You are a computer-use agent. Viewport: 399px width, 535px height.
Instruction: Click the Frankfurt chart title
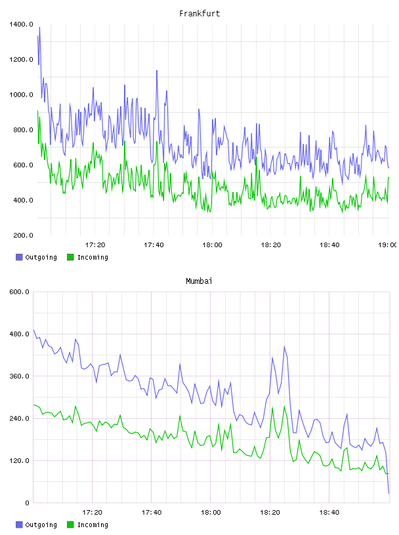(x=199, y=14)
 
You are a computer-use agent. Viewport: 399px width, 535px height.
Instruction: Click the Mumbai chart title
(x=199, y=281)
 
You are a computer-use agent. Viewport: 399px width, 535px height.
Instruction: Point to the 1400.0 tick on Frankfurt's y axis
(x=21, y=24)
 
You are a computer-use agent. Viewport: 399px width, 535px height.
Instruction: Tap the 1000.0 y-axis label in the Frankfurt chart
(x=21, y=94)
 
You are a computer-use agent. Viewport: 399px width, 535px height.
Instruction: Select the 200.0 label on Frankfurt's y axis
(x=23, y=235)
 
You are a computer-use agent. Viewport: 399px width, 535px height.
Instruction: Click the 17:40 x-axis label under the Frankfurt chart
(x=154, y=245)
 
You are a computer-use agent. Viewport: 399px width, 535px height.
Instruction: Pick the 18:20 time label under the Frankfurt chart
(x=271, y=245)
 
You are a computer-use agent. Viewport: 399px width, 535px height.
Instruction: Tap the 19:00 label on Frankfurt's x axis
(x=388, y=245)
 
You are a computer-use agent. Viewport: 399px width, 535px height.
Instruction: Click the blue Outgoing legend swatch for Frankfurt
(x=19, y=257)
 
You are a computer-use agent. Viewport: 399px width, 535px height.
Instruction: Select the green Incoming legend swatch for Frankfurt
(x=70, y=257)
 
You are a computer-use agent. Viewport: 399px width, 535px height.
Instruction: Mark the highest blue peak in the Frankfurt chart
(x=39, y=28)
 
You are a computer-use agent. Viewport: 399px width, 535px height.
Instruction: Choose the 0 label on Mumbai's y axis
(x=27, y=503)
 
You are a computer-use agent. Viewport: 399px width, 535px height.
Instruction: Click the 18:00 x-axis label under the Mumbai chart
(x=211, y=512)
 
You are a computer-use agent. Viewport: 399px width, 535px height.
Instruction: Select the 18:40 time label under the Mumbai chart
(x=329, y=512)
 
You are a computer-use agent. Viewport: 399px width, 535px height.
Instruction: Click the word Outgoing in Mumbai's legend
(x=41, y=525)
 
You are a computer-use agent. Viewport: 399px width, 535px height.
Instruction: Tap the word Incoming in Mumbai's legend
(x=93, y=525)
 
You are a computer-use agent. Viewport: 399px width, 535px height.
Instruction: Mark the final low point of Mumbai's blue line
(x=388, y=493)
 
